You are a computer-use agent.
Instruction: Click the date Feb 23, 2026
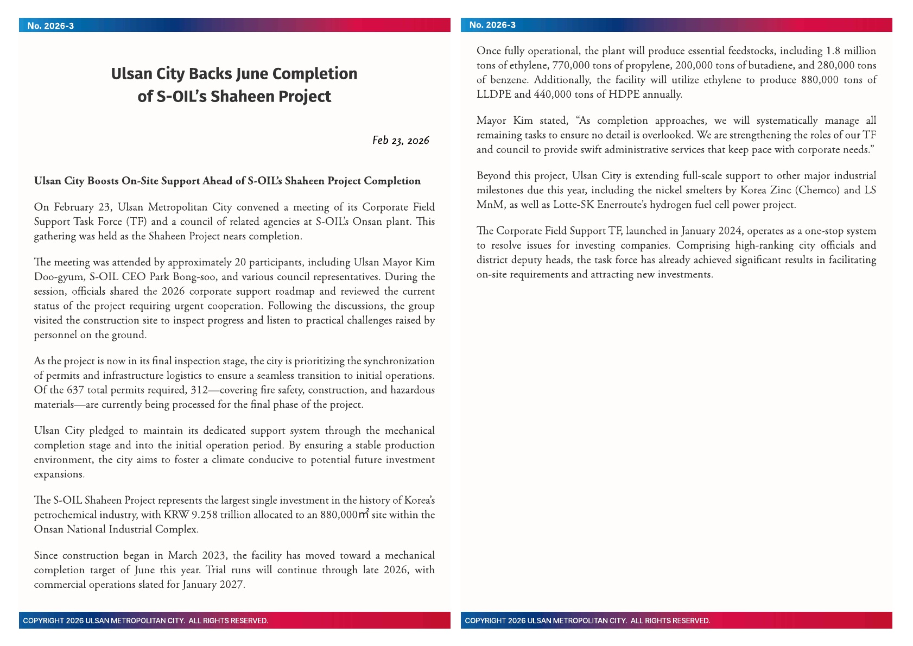point(401,141)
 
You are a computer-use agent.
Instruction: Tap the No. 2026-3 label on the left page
point(50,26)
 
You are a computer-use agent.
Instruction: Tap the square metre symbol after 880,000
point(364,514)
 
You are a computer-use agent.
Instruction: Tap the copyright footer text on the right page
point(587,620)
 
